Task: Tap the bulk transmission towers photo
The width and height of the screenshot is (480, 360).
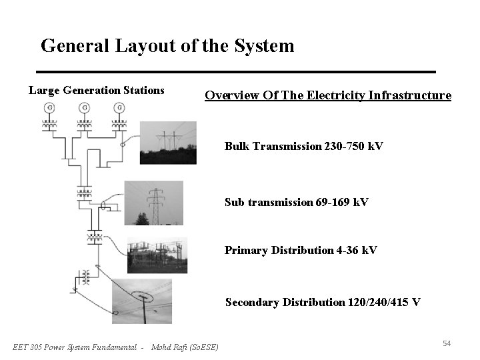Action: (168, 143)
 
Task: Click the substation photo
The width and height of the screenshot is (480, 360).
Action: (157, 255)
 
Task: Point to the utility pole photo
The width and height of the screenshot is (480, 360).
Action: (141, 301)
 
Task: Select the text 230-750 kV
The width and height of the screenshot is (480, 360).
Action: (353, 146)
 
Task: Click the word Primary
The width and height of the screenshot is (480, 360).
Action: (245, 250)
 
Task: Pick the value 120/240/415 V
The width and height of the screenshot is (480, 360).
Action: (384, 302)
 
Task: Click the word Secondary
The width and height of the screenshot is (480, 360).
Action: (251, 302)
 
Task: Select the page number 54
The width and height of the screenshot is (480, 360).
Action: (447, 343)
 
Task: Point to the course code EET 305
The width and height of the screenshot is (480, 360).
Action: (30, 347)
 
